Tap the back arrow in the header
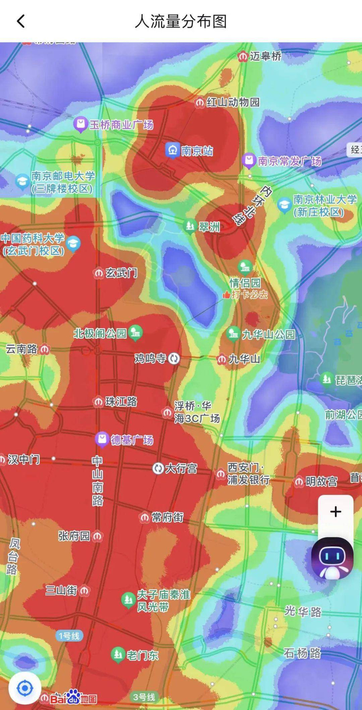coord(21,21)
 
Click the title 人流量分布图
coord(180,21)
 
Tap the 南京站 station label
coord(197,150)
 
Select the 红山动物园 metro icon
coord(200,102)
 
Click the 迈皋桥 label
coord(266,56)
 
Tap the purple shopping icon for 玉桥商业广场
coord(80,124)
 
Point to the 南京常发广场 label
coord(290,161)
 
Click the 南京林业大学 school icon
coord(284,205)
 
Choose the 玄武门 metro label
coord(122,273)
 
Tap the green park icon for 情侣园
coord(245,267)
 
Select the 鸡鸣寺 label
coord(150,358)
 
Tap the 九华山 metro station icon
coord(221,358)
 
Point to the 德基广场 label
coord(132,440)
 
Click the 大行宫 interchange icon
coord(158,469)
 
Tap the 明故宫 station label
coord(321,481)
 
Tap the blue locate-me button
coord(25,688)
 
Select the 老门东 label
coord(143,655)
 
